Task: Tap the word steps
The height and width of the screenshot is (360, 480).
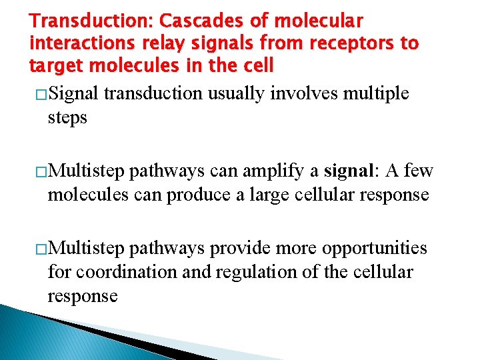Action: click(67, 118)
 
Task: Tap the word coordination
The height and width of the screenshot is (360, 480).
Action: click(119, 272)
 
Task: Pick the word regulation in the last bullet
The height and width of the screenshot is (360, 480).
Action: click(253, 272)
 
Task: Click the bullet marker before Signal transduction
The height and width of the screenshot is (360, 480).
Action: click(37, 94)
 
